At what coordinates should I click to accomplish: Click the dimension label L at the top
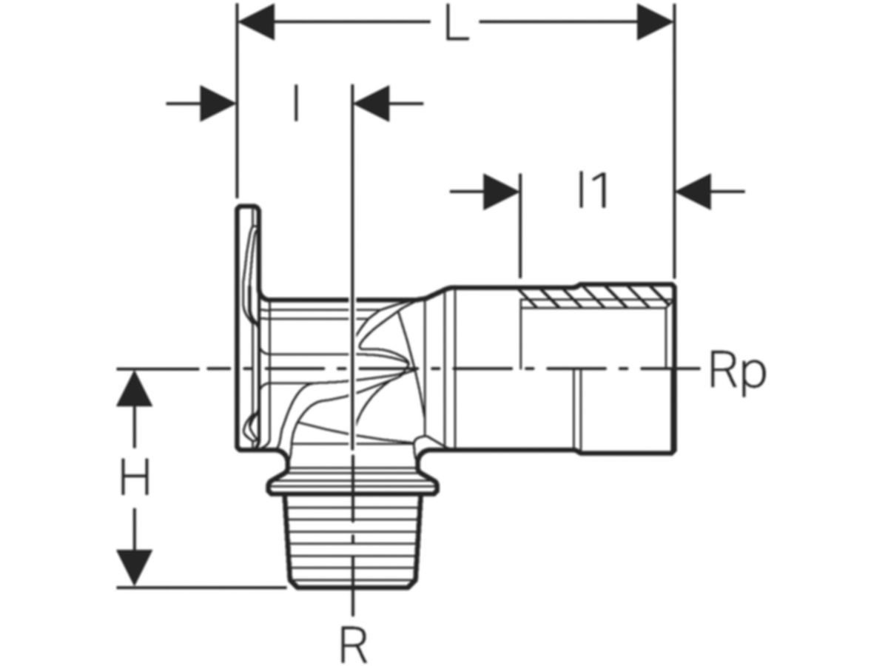tap(456, 24)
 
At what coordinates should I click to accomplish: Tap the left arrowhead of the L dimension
tap(257, 22)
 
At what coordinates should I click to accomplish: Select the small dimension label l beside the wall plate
tap(297, 103)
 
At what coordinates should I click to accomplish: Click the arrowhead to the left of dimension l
tap(218, 104)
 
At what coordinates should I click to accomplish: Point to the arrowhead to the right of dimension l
tap(371, 104)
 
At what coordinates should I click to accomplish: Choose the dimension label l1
tap(593, 190)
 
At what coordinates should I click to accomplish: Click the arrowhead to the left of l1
tap(501, 192)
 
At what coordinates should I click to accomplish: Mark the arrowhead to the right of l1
tap(693, 192)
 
